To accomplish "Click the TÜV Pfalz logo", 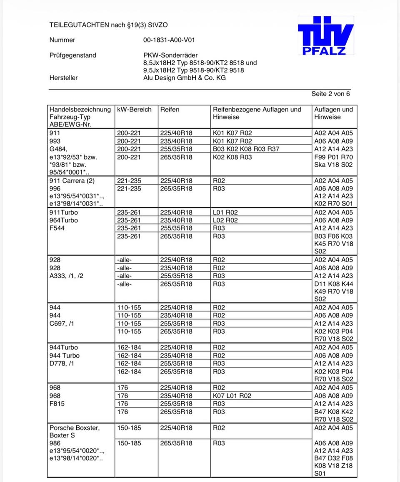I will (x=325, y=35).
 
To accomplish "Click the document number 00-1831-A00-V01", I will (x=169, y=40).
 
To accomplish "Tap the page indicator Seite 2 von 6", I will (x=330, y=94).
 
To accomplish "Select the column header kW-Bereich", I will (x=135, y=109).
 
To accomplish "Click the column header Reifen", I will (x=170, y=109).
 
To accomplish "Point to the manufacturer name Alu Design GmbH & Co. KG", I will (x=184, y=77).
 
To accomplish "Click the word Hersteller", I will (x=63, y=77).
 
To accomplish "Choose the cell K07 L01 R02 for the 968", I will (x=232, y=395).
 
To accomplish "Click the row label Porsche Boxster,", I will (x=75, y=428).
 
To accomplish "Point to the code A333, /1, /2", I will (x=66, y=276).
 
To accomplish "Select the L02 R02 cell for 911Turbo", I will (x=225, y=220).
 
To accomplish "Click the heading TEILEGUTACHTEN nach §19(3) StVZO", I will (x=108, y=25).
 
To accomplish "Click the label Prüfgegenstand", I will (x=72, y=55).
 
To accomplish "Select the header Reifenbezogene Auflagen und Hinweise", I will (x=257, y=113).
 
